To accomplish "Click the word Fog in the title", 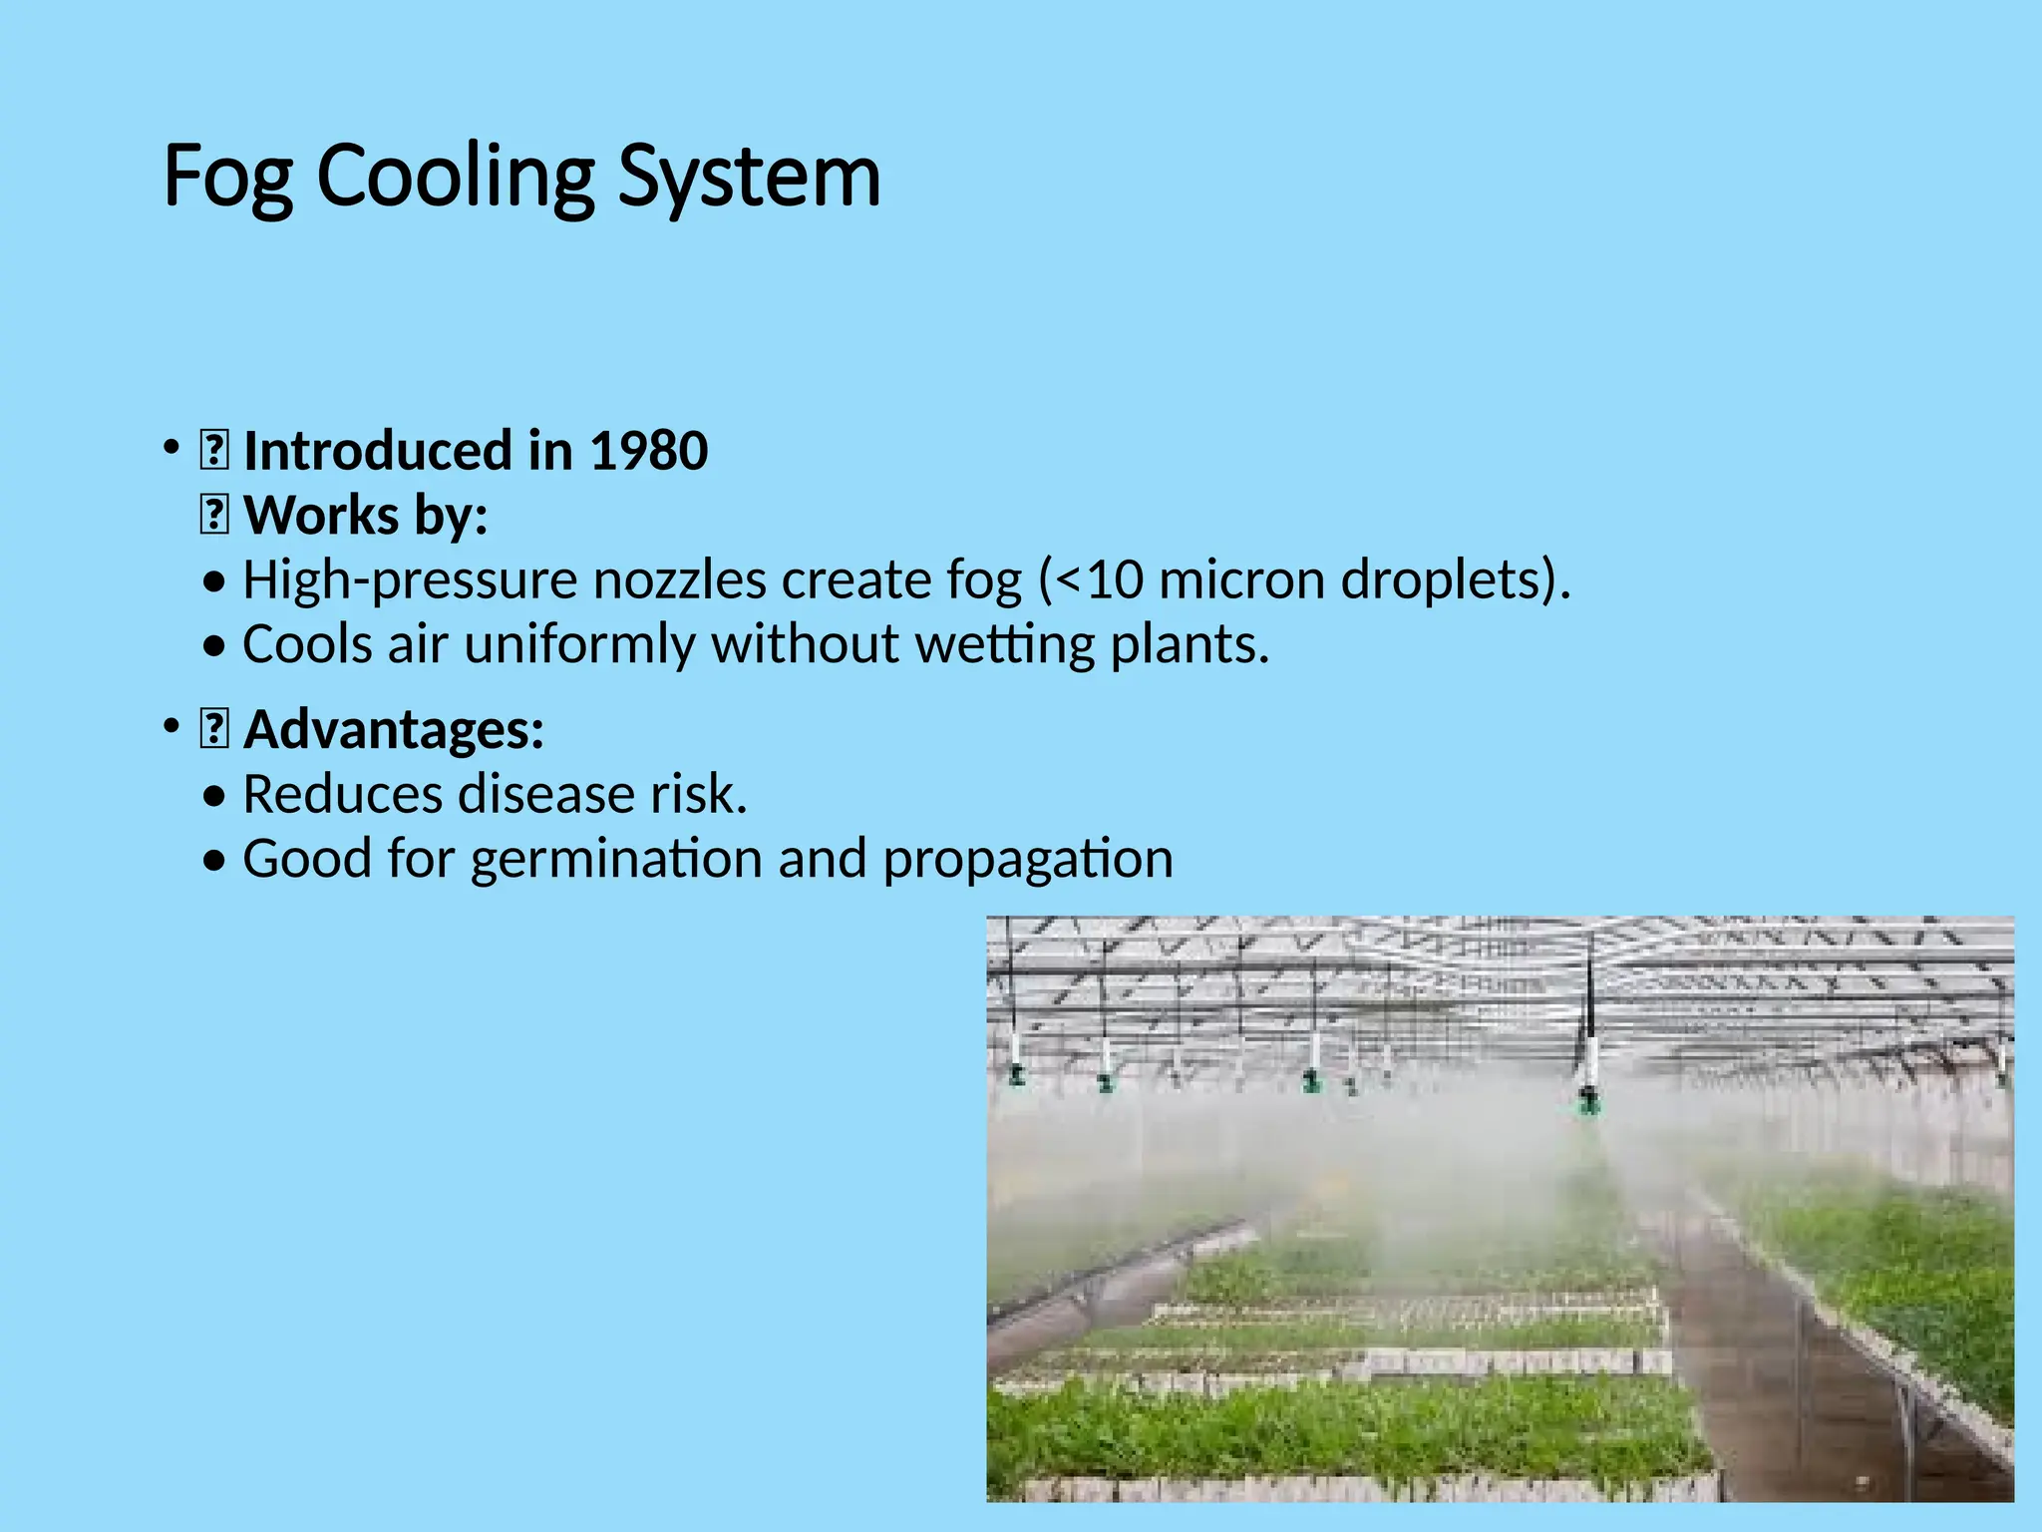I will (228, 178).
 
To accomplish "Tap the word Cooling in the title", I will (455, 178).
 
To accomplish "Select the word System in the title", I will (750, 178).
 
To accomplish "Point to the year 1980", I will (649, 451).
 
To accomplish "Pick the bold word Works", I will (321, 516).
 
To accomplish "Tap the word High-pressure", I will (410, 580).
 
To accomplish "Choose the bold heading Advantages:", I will (394, 729).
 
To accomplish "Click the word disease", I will (546, 795).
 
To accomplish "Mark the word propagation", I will (1028, 860).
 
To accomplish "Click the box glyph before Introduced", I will (214, 451).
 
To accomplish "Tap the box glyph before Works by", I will (214, 516).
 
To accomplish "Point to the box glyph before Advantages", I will (214, 729).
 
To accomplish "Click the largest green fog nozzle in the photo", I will (1588, 1100).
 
